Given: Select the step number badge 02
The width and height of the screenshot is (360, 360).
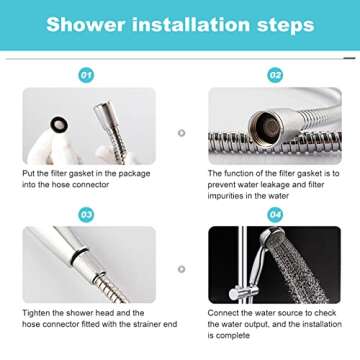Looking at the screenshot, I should [x=274, y=74].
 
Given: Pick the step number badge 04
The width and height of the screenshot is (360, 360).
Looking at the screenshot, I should [x=274, y=214].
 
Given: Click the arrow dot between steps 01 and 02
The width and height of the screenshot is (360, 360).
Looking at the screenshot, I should [x=181, y=131].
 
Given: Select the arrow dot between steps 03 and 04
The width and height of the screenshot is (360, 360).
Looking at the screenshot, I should [x=181, y=269].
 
